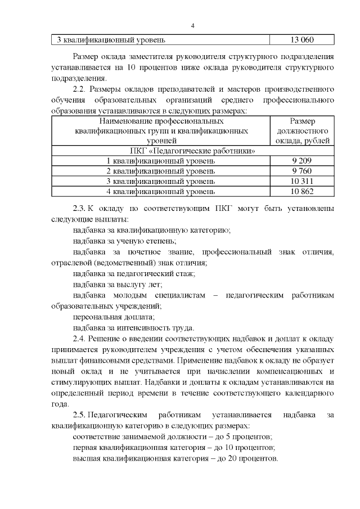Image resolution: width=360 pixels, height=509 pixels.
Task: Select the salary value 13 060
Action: [x=302, y=40]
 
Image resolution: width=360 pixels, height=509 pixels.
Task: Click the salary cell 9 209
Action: [x=302, y=161]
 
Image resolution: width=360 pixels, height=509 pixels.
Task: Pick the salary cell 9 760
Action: [x=302, y=171]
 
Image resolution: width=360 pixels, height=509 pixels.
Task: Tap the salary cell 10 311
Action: [x=302, y=181]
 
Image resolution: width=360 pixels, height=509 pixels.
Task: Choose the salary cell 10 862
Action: [x=302, y=191]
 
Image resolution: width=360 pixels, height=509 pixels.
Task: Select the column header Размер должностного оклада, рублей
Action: [x=302, y=131]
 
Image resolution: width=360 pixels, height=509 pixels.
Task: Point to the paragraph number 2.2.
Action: [x=81, y=89]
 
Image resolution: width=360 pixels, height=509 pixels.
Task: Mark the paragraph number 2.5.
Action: [x=81, y=415]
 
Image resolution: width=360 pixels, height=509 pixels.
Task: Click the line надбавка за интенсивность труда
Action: [x=134, y=328]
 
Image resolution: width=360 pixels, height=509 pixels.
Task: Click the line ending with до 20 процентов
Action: [x=175, y=458]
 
